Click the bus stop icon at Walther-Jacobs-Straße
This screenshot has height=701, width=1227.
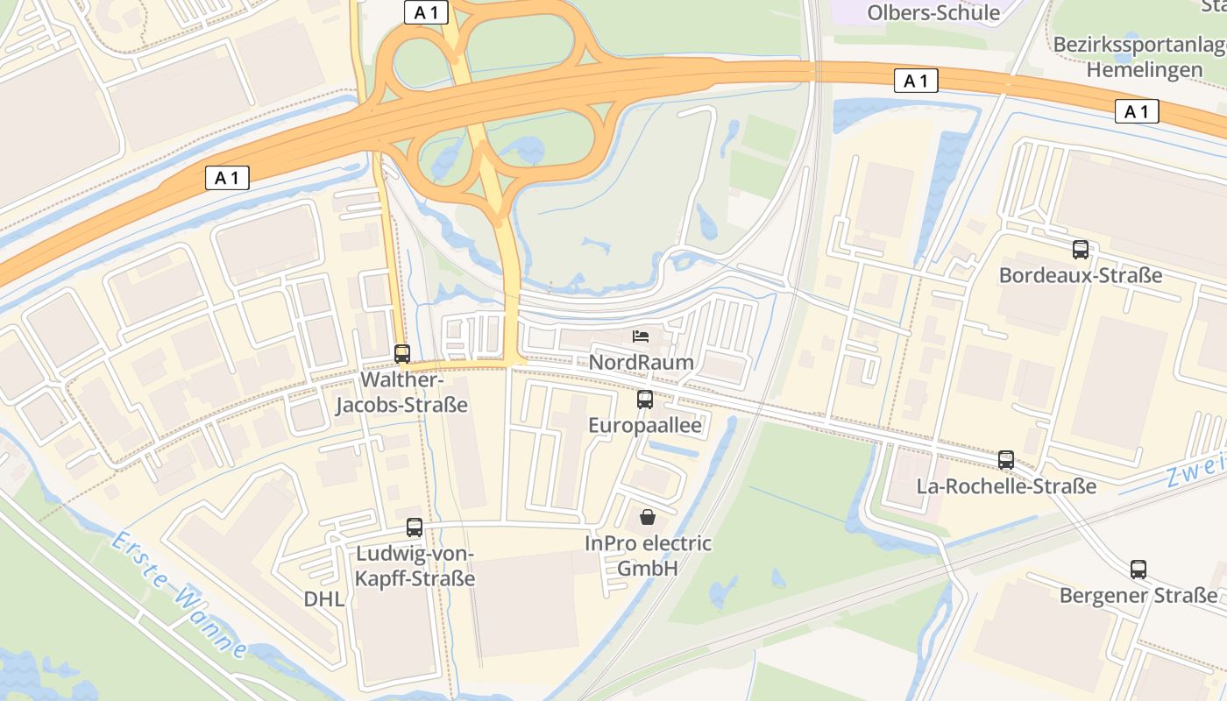402,354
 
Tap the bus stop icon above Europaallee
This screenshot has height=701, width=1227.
645,400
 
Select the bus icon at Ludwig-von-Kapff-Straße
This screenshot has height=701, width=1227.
415,528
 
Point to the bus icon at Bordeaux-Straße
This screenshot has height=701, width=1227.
1081,250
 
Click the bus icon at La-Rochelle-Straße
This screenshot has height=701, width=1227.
1006,460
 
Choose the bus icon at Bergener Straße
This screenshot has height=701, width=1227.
1138,570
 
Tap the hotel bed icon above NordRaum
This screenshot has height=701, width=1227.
642,336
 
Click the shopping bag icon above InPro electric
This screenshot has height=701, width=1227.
648,517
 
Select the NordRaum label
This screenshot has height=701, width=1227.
642,363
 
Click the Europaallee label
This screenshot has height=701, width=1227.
645,426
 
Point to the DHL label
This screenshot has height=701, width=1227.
324,599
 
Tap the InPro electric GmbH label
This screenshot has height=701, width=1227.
649,556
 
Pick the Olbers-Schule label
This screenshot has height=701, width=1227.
933,12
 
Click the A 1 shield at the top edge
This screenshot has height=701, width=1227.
427,11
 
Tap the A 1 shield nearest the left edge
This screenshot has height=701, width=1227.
228,179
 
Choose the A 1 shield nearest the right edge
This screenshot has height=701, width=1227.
1137,111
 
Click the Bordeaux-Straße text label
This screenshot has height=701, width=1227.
1081,275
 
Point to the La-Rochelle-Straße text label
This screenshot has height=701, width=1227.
1006,485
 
